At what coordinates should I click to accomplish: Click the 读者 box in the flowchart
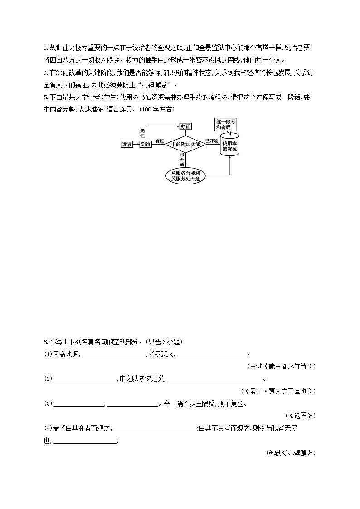point(127,144)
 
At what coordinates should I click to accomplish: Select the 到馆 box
point(145,144)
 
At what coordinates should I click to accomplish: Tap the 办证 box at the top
point(185,126)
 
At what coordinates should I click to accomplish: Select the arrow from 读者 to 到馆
point(136,144)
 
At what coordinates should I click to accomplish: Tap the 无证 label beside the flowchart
point(142,133)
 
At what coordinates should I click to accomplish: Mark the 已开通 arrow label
point(211,141)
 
